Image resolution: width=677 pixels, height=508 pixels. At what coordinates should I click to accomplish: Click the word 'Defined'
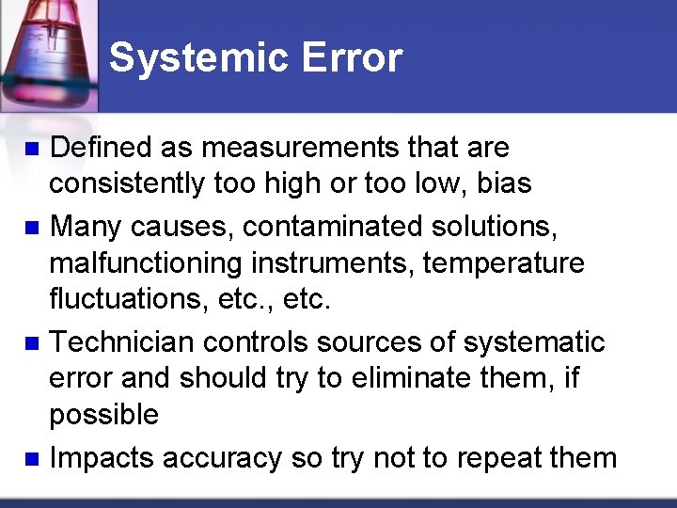101,148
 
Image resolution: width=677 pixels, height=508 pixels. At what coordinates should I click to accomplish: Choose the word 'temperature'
504,263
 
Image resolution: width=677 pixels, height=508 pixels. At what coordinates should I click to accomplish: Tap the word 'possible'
104,415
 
